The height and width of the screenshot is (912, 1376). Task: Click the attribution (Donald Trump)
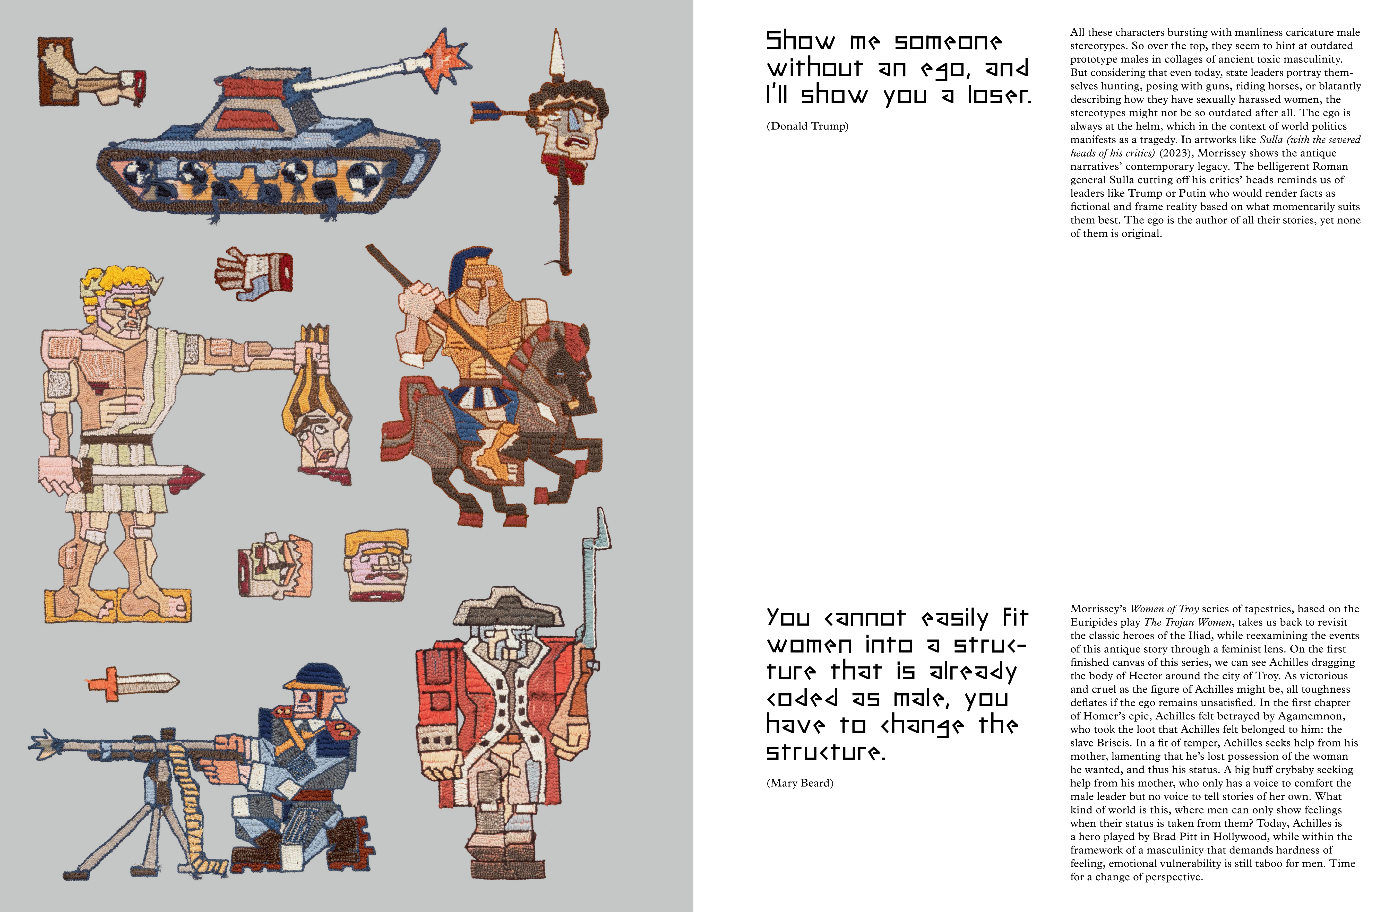coord(807,126)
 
